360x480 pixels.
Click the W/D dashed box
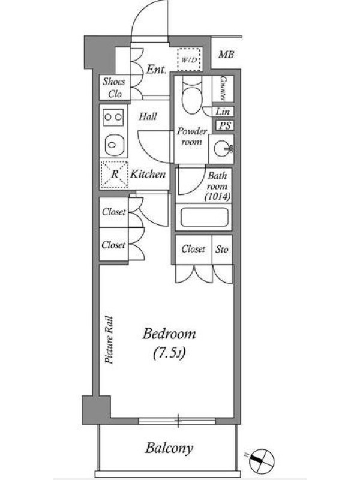tap(190, 59)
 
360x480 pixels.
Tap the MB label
tap(226, 55)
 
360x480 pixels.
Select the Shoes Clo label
tap(114, 88)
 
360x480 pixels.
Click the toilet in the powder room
tap(192, 92)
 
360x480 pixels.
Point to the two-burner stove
tap(113, 116)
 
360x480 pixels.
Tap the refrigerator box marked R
tap(114, 174)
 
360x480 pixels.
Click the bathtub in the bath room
tap(204, 217)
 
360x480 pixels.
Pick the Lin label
tap(223, 112)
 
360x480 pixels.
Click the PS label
tap(225, 125)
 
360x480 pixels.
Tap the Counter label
tap(223, 88)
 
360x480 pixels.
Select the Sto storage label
tap(222, 249)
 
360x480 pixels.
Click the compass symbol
tap(261, 461)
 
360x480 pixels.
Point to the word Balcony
tap(169, 448)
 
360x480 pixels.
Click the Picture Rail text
tap(109, 340)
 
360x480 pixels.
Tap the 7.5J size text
tap(169, 353)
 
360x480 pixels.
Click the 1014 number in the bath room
tap(218, 197)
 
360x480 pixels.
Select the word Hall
tap(148, 116)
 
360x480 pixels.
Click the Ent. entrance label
tap(157, 69)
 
